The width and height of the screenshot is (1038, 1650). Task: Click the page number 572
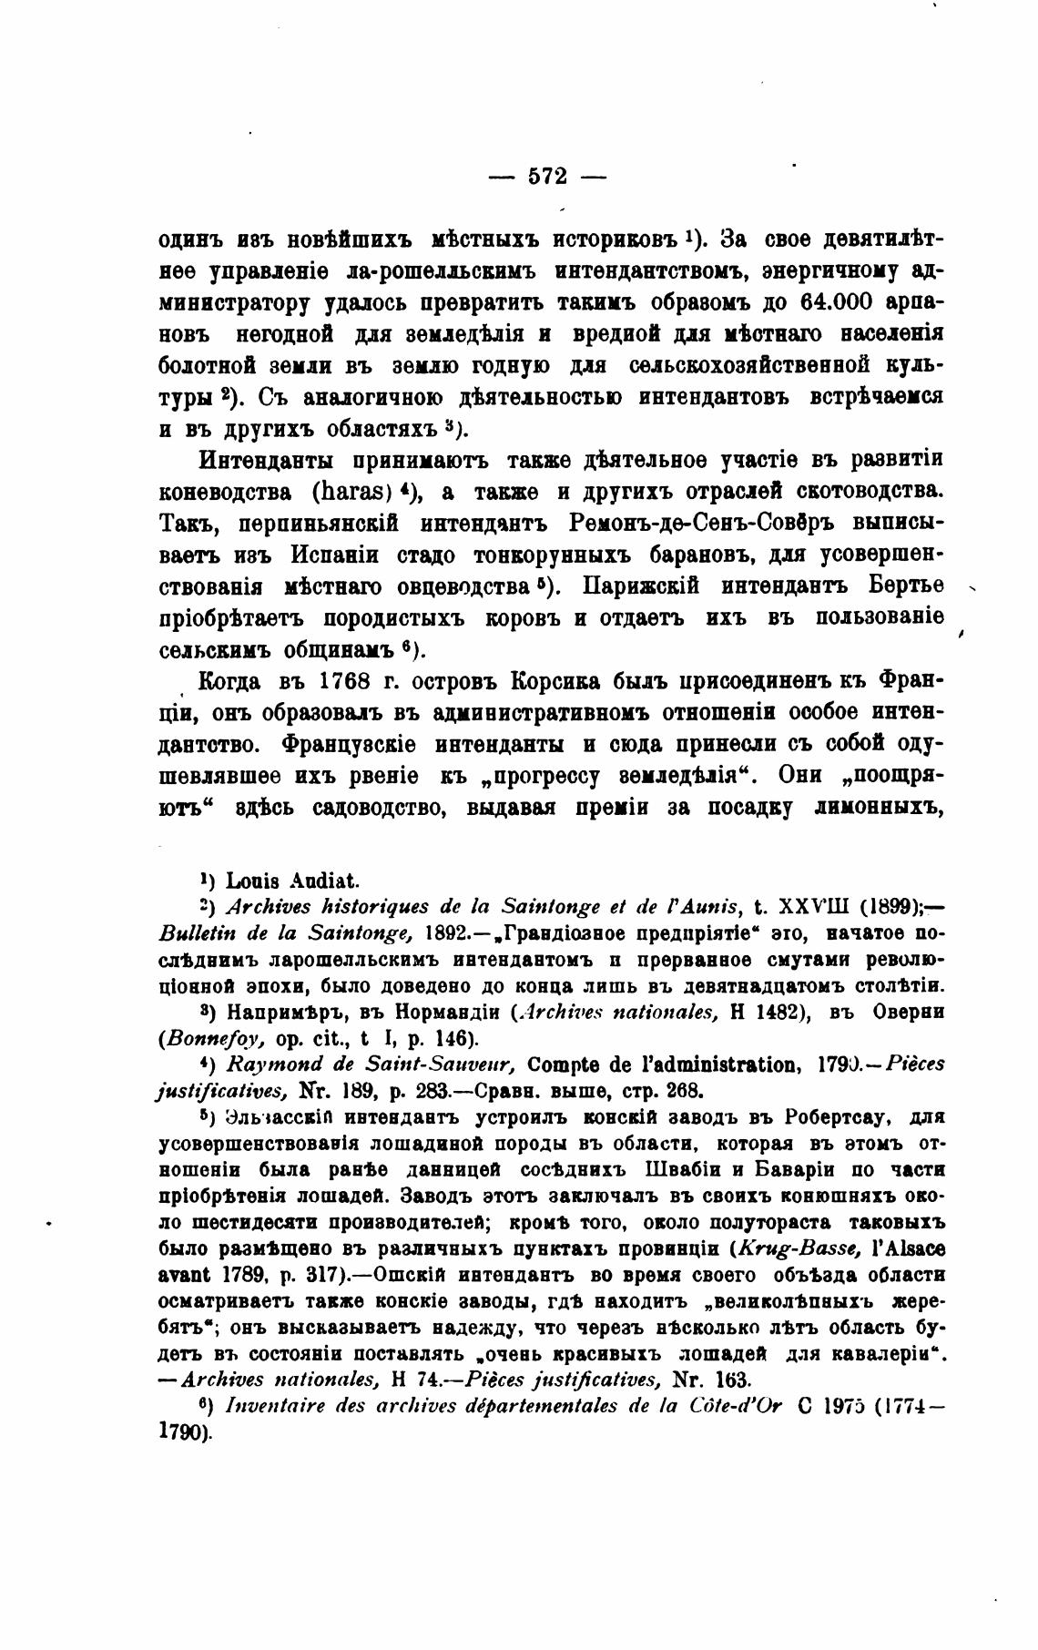click(547, 175)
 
